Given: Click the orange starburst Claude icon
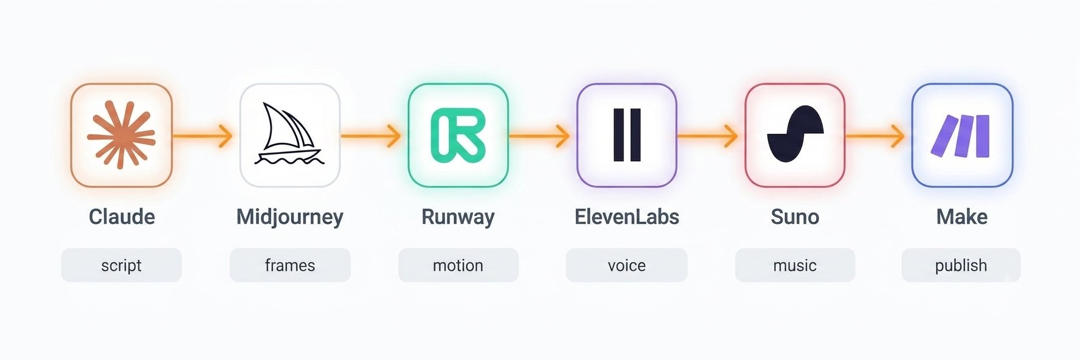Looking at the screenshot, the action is coord(121,135).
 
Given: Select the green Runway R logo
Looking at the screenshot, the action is coord(458,135).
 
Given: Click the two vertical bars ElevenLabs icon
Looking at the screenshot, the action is coord(627,135).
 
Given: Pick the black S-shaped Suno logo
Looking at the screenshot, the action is coord(795,134).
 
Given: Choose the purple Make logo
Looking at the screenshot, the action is coord(961,136).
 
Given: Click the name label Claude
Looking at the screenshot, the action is coord(122,216).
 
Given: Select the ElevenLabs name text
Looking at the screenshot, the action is coord(627,216).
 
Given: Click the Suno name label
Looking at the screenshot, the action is coord(795,216).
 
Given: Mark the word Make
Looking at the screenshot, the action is coord(961,216).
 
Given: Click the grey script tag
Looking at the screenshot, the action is coord(122,265).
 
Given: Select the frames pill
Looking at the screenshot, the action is coord(290,265).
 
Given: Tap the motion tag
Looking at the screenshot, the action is coord(459,265).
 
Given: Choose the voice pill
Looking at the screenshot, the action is coord(627,265).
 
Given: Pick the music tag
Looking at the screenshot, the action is coord(795,265).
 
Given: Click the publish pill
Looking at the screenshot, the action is coord(961,265).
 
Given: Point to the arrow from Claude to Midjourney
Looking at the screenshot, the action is coord(202,135).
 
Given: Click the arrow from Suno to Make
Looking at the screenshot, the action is coord(875,135).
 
